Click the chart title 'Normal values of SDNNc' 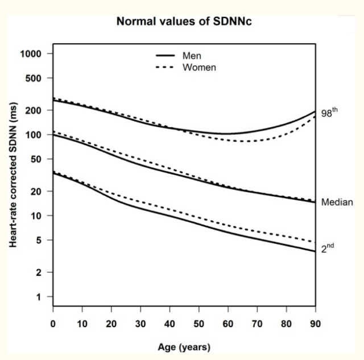coord(184,22)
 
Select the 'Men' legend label coord(192,56)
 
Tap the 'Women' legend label coord(199,67)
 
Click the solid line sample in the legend coord(165,56)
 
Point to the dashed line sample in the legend coord(165,67)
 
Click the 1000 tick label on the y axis coord(31,54)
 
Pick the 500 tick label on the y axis coord(33,78)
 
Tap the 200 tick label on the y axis coord(33,110)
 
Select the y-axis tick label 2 coord(39,272)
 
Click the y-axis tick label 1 coord(39,297)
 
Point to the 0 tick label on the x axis coord(53,324)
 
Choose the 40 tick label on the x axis coord(169,324)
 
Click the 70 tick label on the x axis coord(257,324)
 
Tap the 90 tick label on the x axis coord(316,324)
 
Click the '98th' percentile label coord(329,113)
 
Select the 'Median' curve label coord(337,202)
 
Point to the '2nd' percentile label coord(328,248)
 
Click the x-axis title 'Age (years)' coord(184,347)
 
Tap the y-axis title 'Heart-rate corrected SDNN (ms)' coord(13,175)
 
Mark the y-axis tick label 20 coord(36,192)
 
